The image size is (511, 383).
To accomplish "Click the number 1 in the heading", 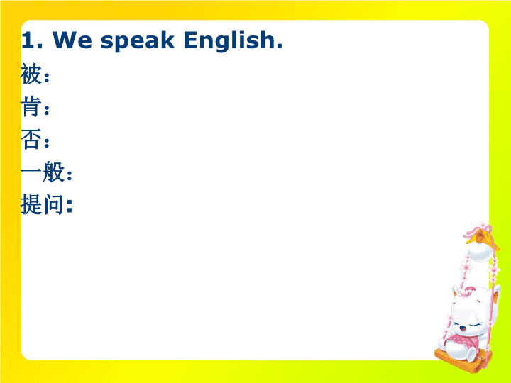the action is click(x=28, y=40).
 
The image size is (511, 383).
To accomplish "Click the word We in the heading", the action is click(x=72, y=40).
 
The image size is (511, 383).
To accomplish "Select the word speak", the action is click(x=137, y=41).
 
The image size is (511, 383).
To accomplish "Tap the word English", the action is click(x=229, y=41).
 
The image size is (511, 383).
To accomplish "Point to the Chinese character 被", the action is click(x=31, y=74).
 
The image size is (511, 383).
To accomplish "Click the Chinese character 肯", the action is click(x=31, y=106).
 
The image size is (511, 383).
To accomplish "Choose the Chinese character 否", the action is click(x=31, y=139).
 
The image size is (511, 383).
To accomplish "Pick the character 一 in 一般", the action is click(x=31, y=171).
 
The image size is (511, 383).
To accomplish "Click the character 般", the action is click(x=53, y=172).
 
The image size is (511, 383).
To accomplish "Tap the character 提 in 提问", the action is click(x=31, y=204).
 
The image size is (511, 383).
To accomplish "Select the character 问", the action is click(x=53, y=204).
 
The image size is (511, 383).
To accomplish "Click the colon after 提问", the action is click(x=69, y=206).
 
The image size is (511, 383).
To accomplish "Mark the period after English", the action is click(x=280, y=46).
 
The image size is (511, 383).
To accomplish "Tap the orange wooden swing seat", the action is click(x=463, y=360).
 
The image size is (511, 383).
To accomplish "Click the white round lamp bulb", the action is click(x=480, y=252).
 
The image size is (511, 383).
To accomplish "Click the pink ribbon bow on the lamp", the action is click(x=478, y=228).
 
